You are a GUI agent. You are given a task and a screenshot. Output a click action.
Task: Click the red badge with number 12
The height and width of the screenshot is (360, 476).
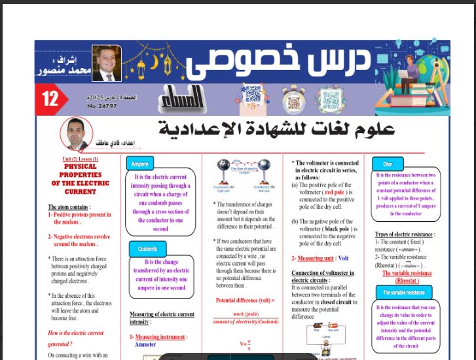point(50,99)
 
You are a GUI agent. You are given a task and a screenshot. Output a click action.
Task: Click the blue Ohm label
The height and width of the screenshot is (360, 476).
point(387,164)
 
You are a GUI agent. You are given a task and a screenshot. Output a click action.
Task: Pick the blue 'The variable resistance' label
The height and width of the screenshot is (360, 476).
point(404,293)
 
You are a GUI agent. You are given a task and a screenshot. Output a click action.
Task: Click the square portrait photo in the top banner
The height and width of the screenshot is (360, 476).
point(106,63)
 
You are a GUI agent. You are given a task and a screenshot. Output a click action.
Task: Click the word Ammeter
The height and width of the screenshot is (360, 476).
point(145,344)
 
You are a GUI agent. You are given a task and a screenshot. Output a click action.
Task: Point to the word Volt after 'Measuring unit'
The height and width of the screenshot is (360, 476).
point(343,259)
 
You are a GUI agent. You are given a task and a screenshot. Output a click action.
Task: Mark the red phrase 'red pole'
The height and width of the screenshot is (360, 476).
point(334,192)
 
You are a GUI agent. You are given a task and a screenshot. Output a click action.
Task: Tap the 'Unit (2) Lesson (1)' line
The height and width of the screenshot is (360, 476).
point(80,159)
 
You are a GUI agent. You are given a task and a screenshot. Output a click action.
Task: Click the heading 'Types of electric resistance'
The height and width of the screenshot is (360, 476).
point(404,234)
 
